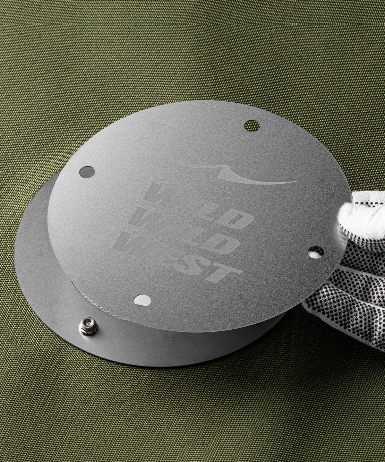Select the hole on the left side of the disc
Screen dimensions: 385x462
pos(87,172)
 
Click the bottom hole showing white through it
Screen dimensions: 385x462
pos(143,300)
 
